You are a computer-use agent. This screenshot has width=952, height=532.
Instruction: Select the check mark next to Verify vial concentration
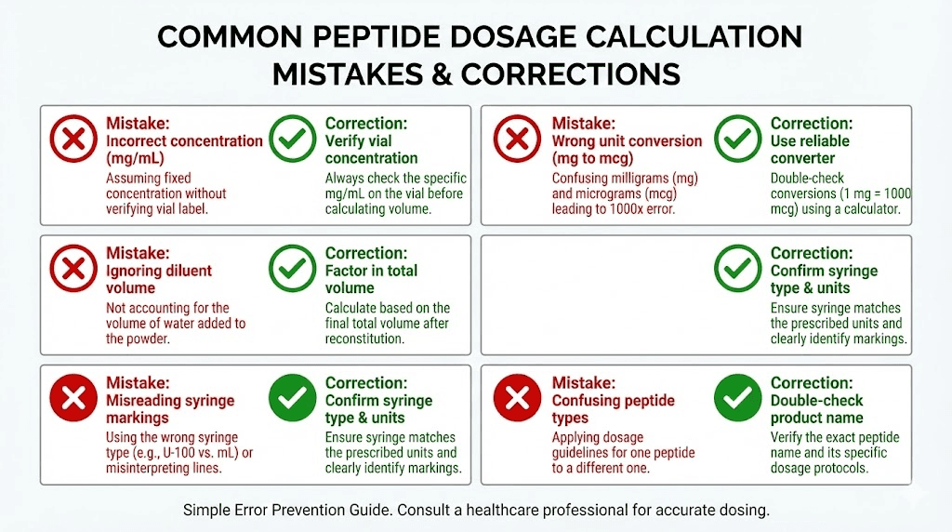click(292, 140)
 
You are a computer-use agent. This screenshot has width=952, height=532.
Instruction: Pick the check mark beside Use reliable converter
click(738, 140)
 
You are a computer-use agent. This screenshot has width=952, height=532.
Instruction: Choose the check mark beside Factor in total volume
click(292, 270)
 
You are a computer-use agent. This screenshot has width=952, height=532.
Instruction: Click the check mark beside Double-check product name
click(738, 399)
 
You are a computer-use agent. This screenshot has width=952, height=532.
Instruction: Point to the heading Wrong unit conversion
click(627, 141)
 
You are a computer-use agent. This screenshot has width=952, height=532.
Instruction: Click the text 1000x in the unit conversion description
click(628, 209)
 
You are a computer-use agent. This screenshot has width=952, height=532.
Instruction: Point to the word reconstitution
click(364, 339)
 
